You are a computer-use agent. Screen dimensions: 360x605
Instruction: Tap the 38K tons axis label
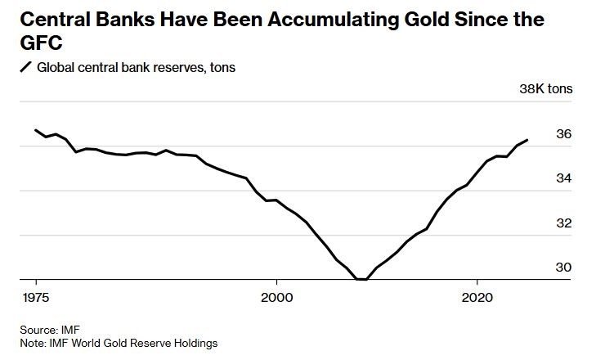point(547,89)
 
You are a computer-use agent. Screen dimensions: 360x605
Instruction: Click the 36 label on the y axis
point(564,134)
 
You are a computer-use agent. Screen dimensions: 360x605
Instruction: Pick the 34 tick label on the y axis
point(564,178)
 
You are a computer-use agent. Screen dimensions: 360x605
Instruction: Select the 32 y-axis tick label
point(564,223)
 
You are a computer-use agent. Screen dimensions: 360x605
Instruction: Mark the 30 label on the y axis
point(564,268)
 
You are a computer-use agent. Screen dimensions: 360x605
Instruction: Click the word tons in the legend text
point(222,67)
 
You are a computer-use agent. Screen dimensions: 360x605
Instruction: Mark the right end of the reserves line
point(527,140)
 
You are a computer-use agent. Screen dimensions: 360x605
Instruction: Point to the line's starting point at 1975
point(36,130)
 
